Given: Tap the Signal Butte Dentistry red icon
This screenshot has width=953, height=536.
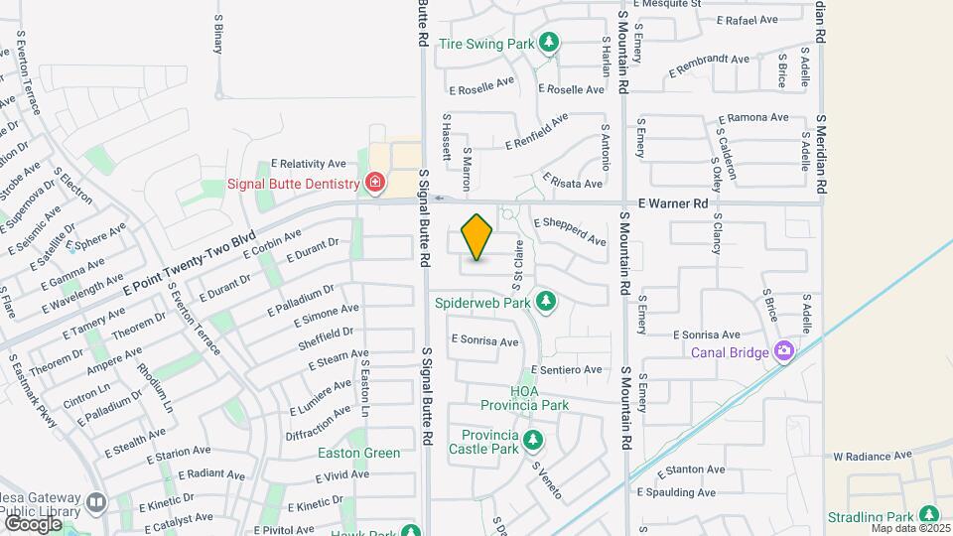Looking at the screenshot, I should pyautogui.click(x=375, y=183).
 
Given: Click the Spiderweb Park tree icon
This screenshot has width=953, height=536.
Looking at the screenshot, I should pyautogui.click(x=544, y=300).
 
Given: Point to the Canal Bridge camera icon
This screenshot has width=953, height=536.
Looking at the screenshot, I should pyautogui.click(x=784, y=350).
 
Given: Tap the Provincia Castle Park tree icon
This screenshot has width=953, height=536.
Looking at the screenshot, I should pyautogui.click(x=532, y=438).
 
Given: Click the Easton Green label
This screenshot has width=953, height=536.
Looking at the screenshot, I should pyautogui.click(x=358, y=453).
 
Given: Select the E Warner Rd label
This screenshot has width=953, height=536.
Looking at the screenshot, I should pyautogui.click(x=672, y=203).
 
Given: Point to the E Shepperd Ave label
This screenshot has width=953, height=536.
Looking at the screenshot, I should pyautogui.click(x=571, y=232).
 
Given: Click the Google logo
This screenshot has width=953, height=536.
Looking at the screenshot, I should pyautogui.click(x=33, y=522).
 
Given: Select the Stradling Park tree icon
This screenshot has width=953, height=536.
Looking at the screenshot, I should pyautogui.click(x=929, y=514).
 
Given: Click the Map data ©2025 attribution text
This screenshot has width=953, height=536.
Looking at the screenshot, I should pyautogui.click(x=909, y=528).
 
